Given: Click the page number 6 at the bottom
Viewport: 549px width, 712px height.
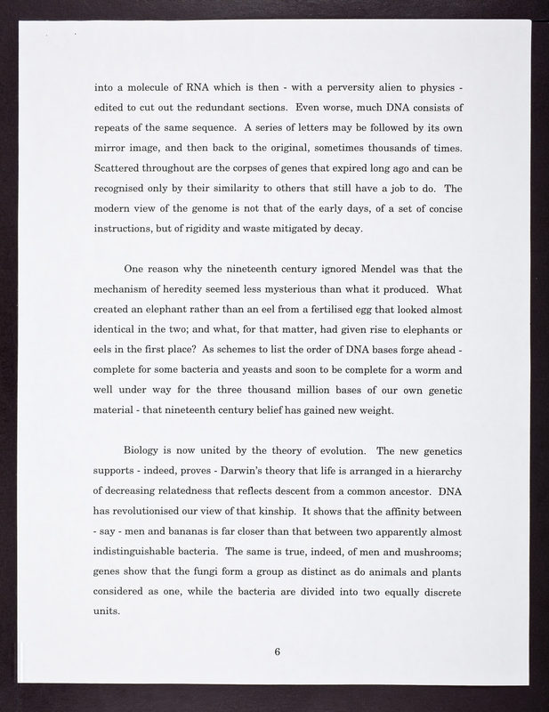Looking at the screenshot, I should click(x=278, y=652).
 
